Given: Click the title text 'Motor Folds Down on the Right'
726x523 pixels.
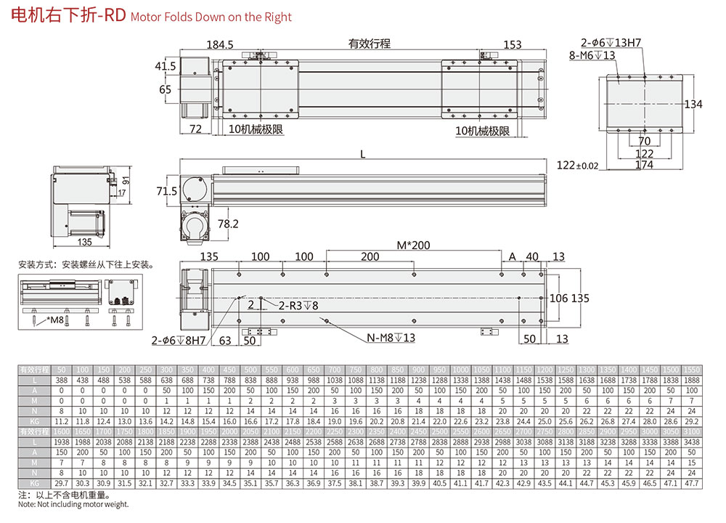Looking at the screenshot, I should tap(211, 17).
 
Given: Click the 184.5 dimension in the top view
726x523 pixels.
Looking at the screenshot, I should tap(219, 45).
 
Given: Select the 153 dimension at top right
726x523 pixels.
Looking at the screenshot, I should tap(513, 45).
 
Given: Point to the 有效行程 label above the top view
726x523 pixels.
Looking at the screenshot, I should tap(369, 44).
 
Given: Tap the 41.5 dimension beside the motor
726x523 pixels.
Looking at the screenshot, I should tap(166, 67).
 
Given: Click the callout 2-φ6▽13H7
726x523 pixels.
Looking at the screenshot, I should tap(611, 43).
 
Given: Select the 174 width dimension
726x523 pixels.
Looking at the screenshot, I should tap(643, 165).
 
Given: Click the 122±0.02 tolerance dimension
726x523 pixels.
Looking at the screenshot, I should tap(578, 166).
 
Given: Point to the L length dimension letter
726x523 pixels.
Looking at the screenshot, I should tap(363, 154).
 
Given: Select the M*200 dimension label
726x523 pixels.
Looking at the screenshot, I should tap(413, 245).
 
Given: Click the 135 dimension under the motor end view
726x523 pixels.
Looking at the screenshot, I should tap(84, 242).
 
